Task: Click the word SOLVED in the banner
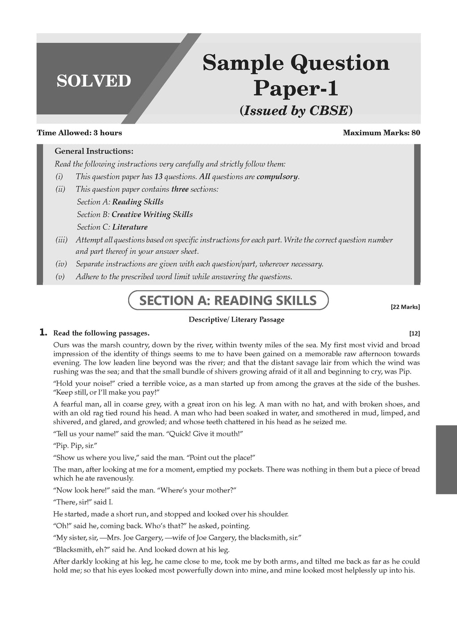[94, 81]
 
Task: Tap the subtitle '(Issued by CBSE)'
[296, 110]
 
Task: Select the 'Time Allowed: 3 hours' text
[79, 133]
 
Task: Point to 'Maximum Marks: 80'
[381, 133]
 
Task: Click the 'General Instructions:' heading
[94, 151]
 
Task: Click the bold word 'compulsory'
[277, 176]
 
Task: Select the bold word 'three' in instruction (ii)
[179, 189]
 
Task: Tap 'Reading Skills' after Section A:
[137, 202]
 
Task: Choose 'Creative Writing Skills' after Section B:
[152, 214]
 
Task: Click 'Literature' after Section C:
[130, 227]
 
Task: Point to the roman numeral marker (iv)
[61, 264]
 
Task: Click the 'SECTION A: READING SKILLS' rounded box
[228, 301]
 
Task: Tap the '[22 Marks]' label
[405, 307]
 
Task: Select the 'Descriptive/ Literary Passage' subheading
[237, 320]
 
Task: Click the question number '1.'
[43, 332]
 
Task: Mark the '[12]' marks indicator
[414, 333]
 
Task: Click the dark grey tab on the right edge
[446, 459]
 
